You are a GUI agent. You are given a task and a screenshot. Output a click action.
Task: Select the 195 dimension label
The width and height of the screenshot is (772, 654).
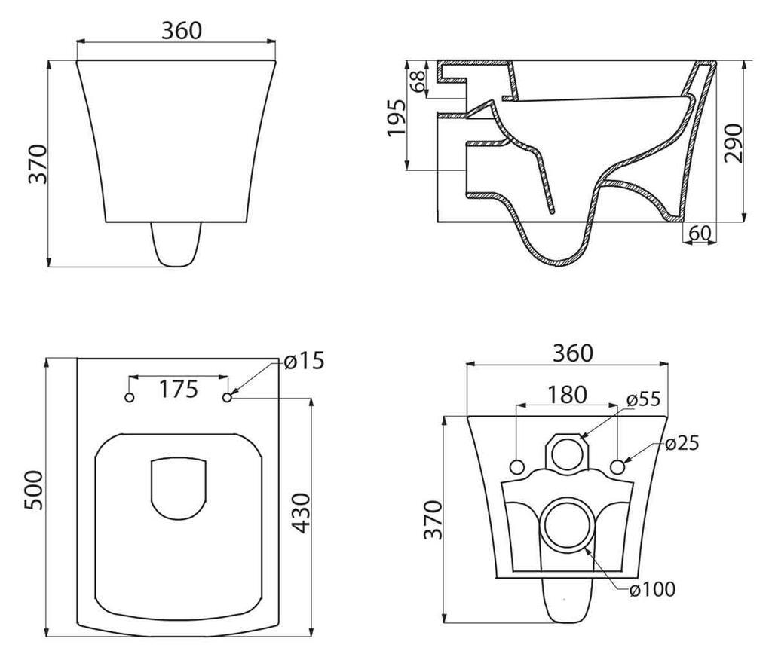coord(396,118)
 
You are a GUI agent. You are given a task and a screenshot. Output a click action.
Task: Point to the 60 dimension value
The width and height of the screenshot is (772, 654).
coord(700,233)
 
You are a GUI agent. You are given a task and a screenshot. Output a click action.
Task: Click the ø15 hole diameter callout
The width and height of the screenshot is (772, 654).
coord(305,361)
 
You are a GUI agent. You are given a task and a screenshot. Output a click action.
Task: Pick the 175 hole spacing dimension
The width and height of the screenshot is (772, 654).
coord(178,389)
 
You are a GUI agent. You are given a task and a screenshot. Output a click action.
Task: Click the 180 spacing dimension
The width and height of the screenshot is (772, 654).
coord(568,395)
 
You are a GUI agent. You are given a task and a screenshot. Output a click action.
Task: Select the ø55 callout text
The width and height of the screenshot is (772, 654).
coord(643,399)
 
